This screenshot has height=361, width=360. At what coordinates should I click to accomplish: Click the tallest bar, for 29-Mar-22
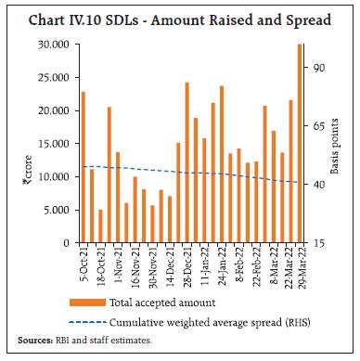coord(300,144)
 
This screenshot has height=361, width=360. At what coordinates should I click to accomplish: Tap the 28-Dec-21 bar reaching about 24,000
coord(186,162)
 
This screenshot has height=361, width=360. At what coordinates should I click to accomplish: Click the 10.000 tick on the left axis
coord(58,176)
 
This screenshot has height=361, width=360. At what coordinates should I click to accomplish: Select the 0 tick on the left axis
coord(69,243)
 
